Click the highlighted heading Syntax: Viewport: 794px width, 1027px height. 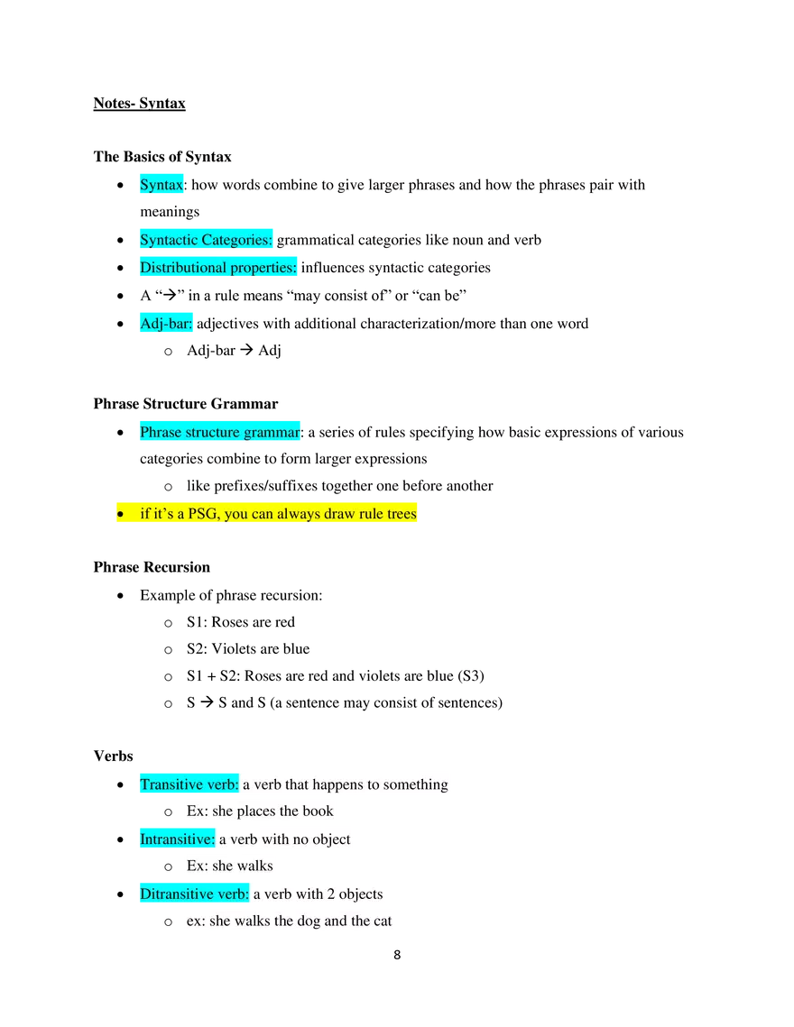click(x=162, y=185)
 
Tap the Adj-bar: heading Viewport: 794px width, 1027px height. click(x=166, y=323)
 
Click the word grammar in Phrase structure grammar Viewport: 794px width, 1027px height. click(x=272, y=433)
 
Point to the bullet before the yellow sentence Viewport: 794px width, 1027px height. click(x=120, y=515)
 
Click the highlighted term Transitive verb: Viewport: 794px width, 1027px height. click(x=188, y=784)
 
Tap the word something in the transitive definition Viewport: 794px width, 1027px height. click(x=415, y=784)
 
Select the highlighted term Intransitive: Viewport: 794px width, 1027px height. click(x=177, y=839)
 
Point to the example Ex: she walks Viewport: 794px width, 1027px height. click(x=230, y=867)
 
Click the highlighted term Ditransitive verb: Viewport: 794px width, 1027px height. click(x=193, y=894)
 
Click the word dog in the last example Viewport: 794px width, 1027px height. click(x=309, y=922)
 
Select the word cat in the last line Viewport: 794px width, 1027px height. click(x=383, y=922)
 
